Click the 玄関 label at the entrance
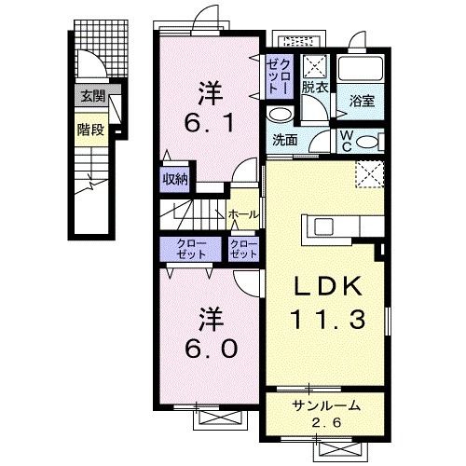[x=91, y=95]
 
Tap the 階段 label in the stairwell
[x=89, y=130]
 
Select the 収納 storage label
[x=175, y=180]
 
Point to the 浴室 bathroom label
[x=363, y=101]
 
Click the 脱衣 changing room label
[x=313, y=88]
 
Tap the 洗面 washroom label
[x=285, y=141]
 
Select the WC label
[x=345, y=140]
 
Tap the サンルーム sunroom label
[x=324, y=405]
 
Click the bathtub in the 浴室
[x=358, y=71]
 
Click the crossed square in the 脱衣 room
[x=314, y=65]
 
